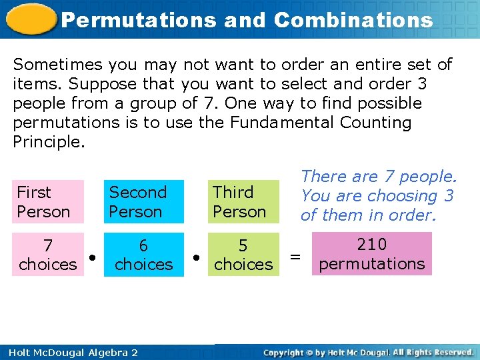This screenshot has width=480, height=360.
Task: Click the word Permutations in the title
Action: tap(138, 20)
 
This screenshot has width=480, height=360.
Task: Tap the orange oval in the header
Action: tap(31, 18)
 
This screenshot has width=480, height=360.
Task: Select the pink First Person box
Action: tap(48, 201)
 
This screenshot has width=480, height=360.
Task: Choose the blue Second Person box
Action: tap(143, 201)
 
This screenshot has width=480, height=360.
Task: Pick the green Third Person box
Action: tap(243, 201)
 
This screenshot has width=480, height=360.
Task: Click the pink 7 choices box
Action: tap(48, 254)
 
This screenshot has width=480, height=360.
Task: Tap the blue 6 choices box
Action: tap(143, 254)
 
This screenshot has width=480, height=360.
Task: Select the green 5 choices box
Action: tap(243, 254)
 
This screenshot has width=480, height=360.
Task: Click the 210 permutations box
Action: tap(371, 253)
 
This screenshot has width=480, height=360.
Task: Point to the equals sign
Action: tap(295, 255)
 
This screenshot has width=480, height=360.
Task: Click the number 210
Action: tap(371, 245)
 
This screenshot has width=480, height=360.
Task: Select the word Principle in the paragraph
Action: tap(49, 142)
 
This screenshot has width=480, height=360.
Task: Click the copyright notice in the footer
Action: tap(369, 352)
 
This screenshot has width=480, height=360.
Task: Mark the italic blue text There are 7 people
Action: tap(379, 177)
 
